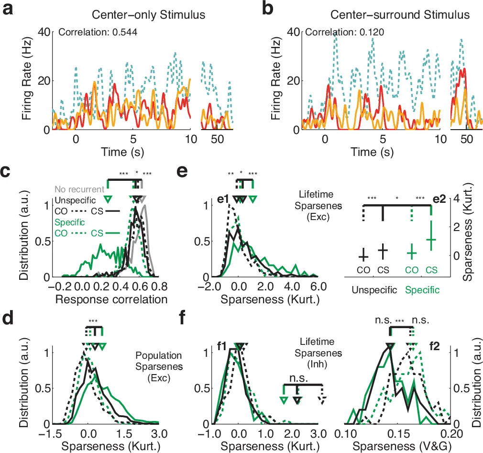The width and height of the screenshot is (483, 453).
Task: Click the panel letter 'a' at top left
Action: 8,9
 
